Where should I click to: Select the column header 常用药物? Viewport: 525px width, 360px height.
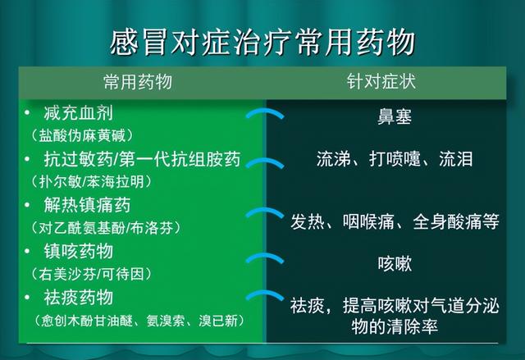point(139,84)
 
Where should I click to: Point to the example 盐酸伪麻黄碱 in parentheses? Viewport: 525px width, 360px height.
point(80,134)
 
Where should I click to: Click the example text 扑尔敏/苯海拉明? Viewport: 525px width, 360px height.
point(89,180)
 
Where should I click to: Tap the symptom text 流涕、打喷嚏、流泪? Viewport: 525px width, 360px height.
point(395,160)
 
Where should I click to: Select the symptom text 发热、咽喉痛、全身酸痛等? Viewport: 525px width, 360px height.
point(395,221)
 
